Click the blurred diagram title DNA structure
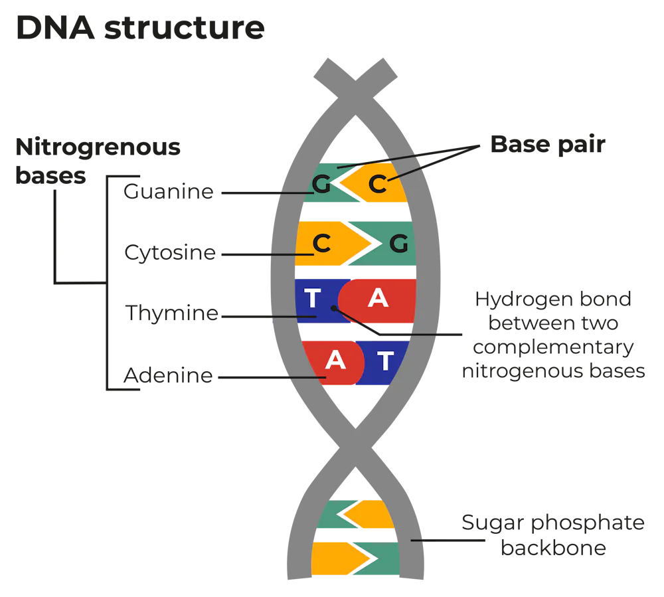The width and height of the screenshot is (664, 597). click(140, 30)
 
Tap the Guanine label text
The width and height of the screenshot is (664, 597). click(168, 193)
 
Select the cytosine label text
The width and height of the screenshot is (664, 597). click(170, 252)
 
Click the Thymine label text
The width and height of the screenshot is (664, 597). click(171, 314)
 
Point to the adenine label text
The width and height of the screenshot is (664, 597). click(168, 377)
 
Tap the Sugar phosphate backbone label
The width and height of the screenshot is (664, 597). click(554, 535)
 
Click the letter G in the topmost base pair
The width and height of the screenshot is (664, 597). click(321, 185)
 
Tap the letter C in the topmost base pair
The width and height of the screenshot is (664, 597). click(377, 184)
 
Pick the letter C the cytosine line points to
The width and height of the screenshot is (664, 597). click(321, 244)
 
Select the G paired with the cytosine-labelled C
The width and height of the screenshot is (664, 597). click(398, 244)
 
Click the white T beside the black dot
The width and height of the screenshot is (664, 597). click(312, 298)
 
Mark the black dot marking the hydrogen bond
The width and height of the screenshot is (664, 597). click(334, 308)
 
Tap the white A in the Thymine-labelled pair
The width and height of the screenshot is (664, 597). click(378, 298)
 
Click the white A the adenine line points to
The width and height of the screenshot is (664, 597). click(335, 360)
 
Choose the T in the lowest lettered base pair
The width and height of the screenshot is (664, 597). click(385, 361)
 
